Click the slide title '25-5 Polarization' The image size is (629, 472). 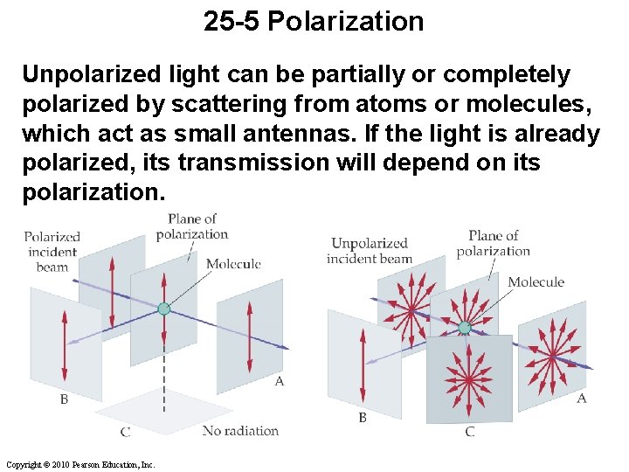point(314,20)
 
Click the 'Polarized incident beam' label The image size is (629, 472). point(52,252)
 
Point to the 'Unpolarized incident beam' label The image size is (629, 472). point(369,251)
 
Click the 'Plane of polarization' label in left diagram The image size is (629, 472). point(192,226)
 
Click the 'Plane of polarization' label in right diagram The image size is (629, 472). point(493,243)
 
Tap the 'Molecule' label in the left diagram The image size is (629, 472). point(233,263)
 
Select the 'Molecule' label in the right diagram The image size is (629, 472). point(536,281)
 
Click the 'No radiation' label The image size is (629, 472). point(240,430)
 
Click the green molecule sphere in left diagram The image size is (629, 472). point(163,309)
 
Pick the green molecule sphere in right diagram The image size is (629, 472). point(464,328)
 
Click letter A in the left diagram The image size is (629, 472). point(279,381)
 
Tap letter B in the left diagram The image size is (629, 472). point(64,399)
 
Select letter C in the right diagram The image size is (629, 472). point(469,432)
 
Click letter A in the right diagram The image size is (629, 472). point(581,399)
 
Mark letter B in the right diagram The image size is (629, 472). point(362,418)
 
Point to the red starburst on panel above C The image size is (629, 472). point(469,378)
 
